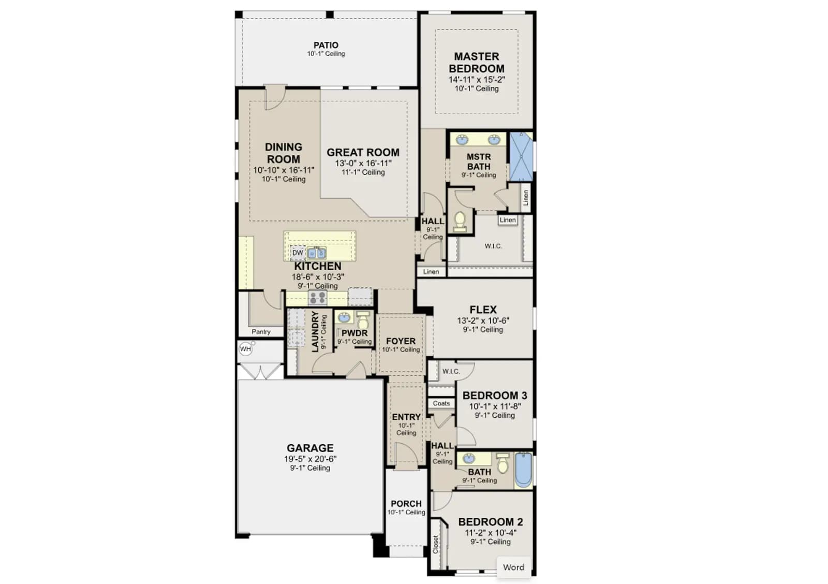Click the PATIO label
coord(326,45)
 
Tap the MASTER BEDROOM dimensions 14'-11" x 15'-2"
coord(477,80)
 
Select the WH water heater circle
coord(245,349)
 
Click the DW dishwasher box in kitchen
coord(298,253)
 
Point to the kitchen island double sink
coord(317,253)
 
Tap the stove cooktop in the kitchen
coord(318,298)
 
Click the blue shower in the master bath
coord(521,157)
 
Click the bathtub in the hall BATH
coord(523,470)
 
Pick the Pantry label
coord(261,332)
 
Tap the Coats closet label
coord(441,403)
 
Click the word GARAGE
coord(310,448)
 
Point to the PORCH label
coord(406,504)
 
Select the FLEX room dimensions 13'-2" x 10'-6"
coord(483,320)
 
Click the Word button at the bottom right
coord(513,567)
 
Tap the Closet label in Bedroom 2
coord(435,545)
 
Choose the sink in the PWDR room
coord(344,317)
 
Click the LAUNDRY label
coord(315,331)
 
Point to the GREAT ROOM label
coord(363,152)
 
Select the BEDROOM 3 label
coord(495,396)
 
